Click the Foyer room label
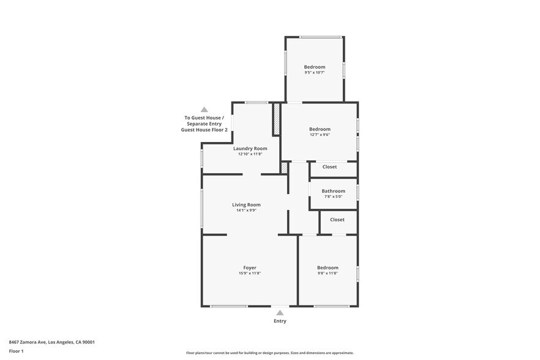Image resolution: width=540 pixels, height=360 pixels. coord(250,268)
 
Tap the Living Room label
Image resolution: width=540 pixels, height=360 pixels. coord(246,204)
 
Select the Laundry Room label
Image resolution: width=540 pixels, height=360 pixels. coord(250,148)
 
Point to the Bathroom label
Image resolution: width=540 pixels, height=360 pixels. coord(333,191)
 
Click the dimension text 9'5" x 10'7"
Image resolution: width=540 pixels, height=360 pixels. coord(315,72)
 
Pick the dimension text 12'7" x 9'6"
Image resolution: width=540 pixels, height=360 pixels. coord(320,135)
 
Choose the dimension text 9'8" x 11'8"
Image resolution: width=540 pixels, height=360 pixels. coord(328,273)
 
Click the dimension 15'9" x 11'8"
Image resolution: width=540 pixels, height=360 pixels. coord(250,273)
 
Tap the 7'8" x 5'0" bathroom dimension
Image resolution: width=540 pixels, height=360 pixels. coord(333,197)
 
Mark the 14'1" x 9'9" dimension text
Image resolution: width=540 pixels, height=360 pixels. coord(246,210)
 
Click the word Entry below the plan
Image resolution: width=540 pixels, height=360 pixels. coord(280,321)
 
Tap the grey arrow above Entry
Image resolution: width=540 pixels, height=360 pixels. coord(280,313)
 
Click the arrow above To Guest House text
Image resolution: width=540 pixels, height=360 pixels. coord(204,110)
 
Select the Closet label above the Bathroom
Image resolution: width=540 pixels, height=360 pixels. coord(329,167)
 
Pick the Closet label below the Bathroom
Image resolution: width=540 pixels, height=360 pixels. coord(337,219)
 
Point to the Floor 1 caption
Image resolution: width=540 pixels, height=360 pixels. coord(16,351)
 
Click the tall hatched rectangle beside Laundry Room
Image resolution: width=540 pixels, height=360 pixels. coord(276,119)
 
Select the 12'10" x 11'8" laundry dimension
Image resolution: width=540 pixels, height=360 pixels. coord(250,154)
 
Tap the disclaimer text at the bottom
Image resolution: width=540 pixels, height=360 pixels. coord(269,353)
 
